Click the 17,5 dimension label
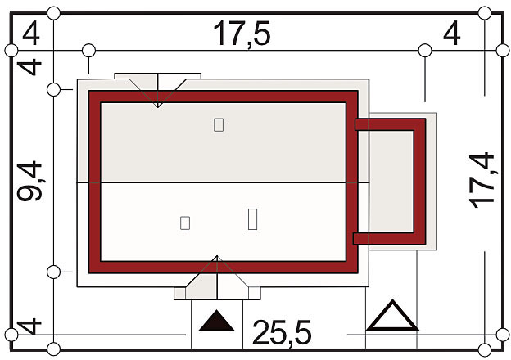click(x=242, y=34)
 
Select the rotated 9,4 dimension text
click(x=29, y=182)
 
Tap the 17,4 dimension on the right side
click(x=482, y=180)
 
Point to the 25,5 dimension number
click(x=282, y=332)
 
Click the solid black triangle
click(x=216, y=321)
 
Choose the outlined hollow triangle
click(x=392, y=316)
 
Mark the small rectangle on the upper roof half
click(x=219, y=125)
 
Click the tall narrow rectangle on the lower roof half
click(x=252, y=219)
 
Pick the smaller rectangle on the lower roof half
click(x=185, y=223)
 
